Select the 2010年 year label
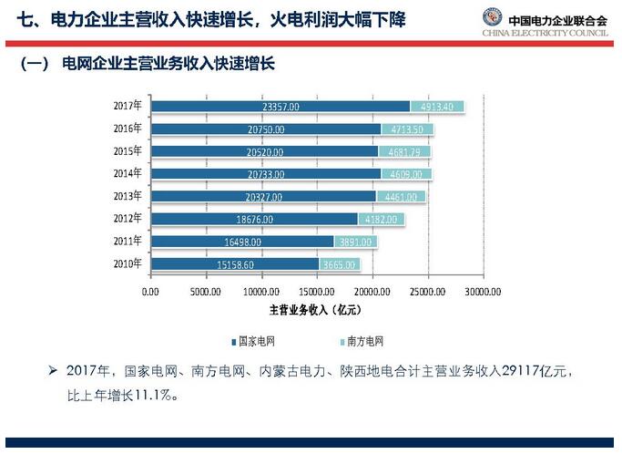point(127,263)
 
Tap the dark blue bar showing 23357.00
point(280,107)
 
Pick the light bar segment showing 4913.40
point(437,107)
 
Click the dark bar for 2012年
point(254,219)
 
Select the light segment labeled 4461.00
point(401,196)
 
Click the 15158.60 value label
point(236,264)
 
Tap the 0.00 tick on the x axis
point(151,292)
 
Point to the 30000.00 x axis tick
point(482,292)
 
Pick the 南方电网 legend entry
point(366,342)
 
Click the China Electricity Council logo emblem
point(492,18)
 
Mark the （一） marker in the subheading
point(36,65)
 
